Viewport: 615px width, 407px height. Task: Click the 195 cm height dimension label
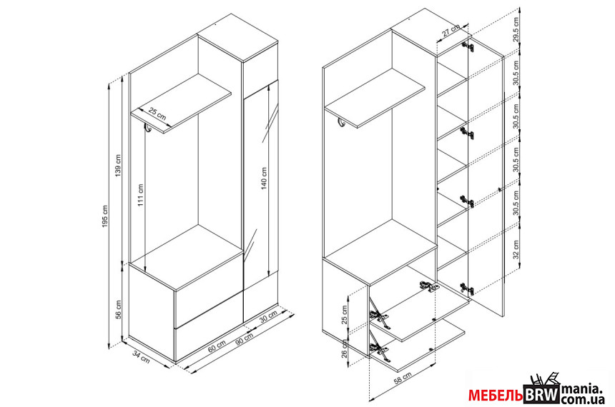tap(104, 216)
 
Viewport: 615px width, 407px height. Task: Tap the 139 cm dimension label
tap(118, 166)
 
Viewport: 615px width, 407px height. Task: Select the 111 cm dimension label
tap(141, 196)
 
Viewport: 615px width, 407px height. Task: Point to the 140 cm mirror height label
tap(264, 179)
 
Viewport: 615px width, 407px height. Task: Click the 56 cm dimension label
tap(118, 309)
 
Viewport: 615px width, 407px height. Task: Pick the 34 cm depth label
tap(141, 357)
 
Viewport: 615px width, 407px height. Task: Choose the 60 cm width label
tap(217, 346)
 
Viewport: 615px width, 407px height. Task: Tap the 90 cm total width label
tap(244, 339)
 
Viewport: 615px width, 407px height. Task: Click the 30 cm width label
tap(269, 317)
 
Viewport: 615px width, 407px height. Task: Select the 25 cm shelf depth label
tap(157, 114)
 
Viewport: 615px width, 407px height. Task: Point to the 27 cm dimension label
tap(451, 31)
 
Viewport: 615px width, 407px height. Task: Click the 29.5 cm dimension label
tap(516, 29)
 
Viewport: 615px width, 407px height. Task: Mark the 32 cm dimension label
tap(516, 249)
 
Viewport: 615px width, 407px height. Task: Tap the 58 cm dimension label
tap(403, 379)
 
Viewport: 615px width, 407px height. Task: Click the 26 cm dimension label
tap(345, 349)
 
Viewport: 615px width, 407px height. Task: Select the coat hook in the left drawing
tap(147, 128)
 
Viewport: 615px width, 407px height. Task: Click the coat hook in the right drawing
tap(342, 123)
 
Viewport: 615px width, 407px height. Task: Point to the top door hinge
tap(468, 46)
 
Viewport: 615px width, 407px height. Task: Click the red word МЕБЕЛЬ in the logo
tap(496, 396)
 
